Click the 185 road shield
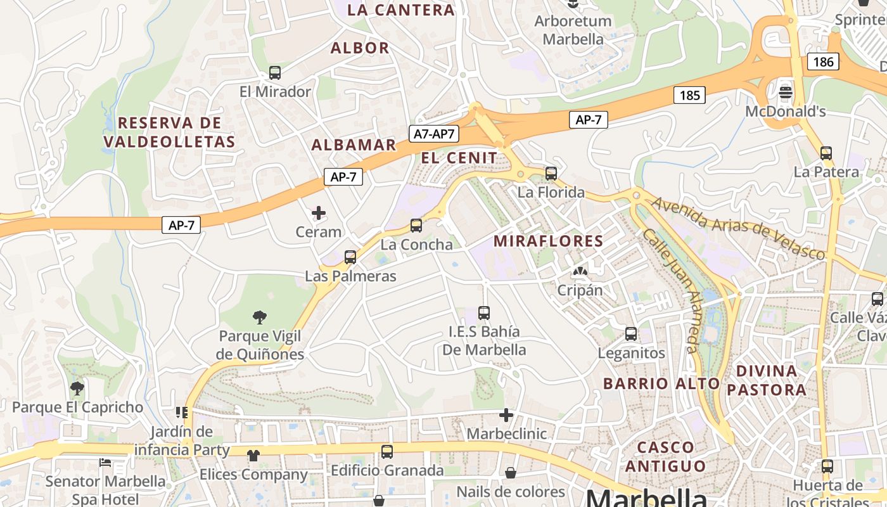[689, 95]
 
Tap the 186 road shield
[823, 61]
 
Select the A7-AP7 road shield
[434, 134]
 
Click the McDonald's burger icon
[786, 93]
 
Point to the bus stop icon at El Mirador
[275, 73]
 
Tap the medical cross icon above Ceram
[319, 213]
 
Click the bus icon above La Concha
[416, 226]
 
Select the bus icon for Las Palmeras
[350, 257]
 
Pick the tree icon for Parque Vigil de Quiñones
[259, 317]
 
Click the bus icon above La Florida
[551, 173]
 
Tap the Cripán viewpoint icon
[579, 272]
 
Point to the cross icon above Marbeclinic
[506, 415]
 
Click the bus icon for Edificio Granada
[387, 452]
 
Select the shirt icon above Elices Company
[253, 455]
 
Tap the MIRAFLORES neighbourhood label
[548, 241]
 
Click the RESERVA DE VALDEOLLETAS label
[169, 132]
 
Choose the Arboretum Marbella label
[573, 30]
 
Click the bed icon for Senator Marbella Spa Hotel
[106, 463]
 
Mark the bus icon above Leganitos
[631, 334]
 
